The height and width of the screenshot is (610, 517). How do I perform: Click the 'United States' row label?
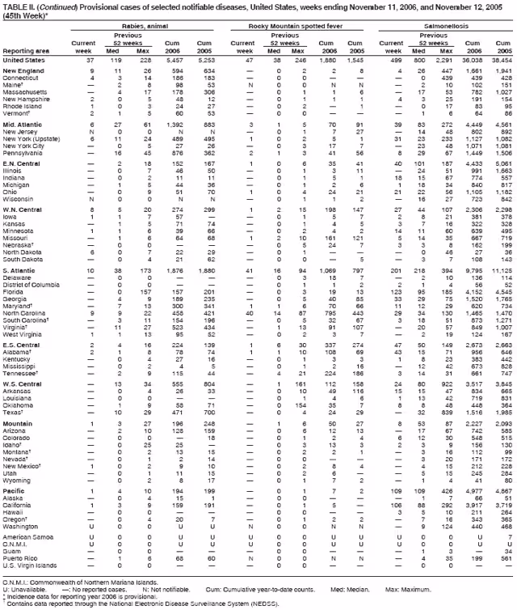(23, 61)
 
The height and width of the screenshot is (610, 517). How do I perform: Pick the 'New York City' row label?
(25, 146)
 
